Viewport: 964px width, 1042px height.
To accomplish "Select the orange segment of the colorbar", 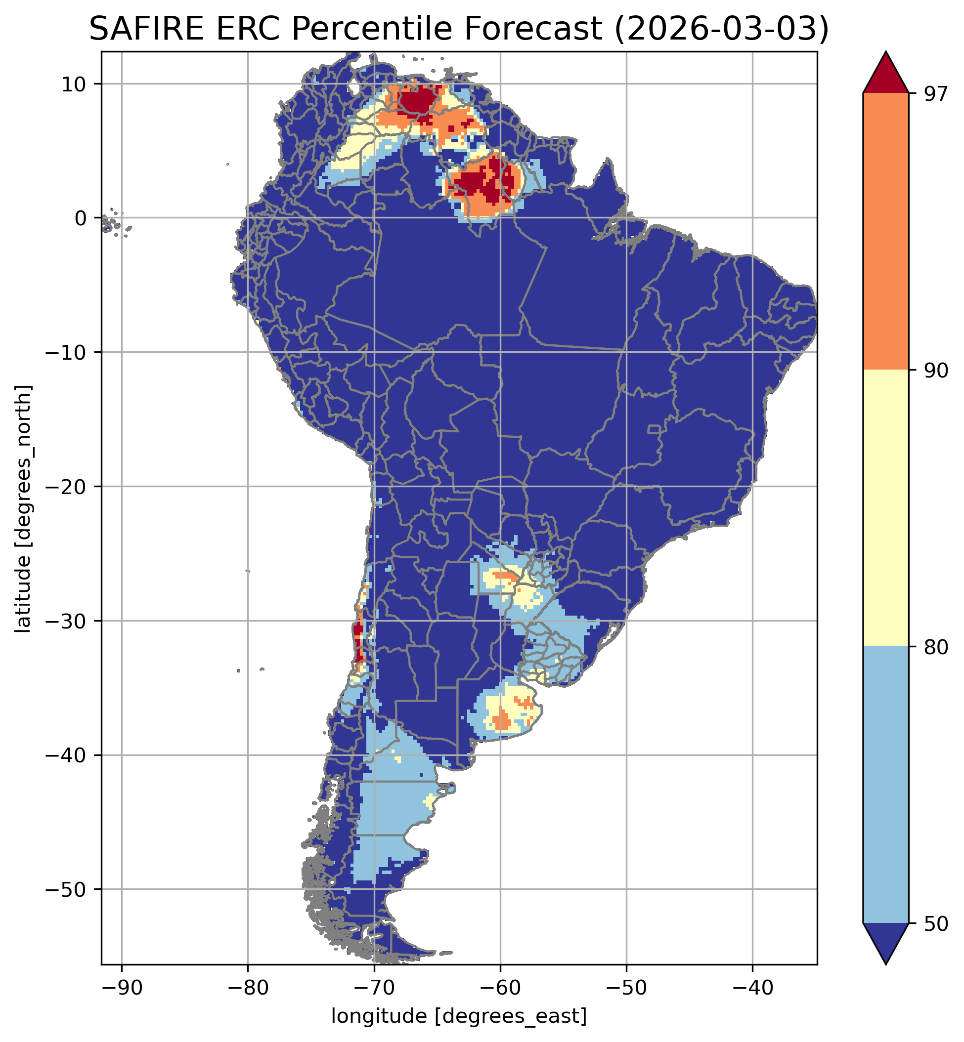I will pyautogui.click(x=886, y=232).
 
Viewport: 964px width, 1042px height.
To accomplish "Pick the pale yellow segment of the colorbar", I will pyautogui.click(x=886, y=509).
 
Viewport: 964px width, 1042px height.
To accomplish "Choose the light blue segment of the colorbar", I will pyautogui.click(x=886, y=786).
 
